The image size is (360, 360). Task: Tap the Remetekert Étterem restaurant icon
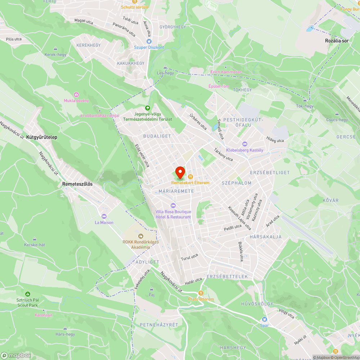pos(190,177)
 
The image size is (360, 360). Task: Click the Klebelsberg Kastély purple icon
pos(245,144)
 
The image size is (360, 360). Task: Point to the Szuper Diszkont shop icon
pos(149,41)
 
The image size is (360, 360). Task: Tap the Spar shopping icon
pos(265,319)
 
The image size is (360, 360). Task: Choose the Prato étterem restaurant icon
pos(201,293)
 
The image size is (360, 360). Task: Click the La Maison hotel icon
pos(104,216)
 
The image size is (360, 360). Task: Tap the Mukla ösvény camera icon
pos(76,94)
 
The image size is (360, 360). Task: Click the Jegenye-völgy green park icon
pos(147,108)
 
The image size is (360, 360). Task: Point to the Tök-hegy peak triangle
pos(305,100)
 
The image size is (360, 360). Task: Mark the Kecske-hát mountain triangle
pos(35,239)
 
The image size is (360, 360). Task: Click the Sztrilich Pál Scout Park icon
pos(28,294)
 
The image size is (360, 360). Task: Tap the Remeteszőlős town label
pos(77,184)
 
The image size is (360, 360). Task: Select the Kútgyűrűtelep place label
pos(42,137)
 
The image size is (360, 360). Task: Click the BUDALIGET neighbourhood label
pos(157,136)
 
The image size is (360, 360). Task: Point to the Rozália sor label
pos(337,41)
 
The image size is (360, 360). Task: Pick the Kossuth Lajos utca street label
pos(239,218)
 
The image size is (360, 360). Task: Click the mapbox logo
pos(16,355)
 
